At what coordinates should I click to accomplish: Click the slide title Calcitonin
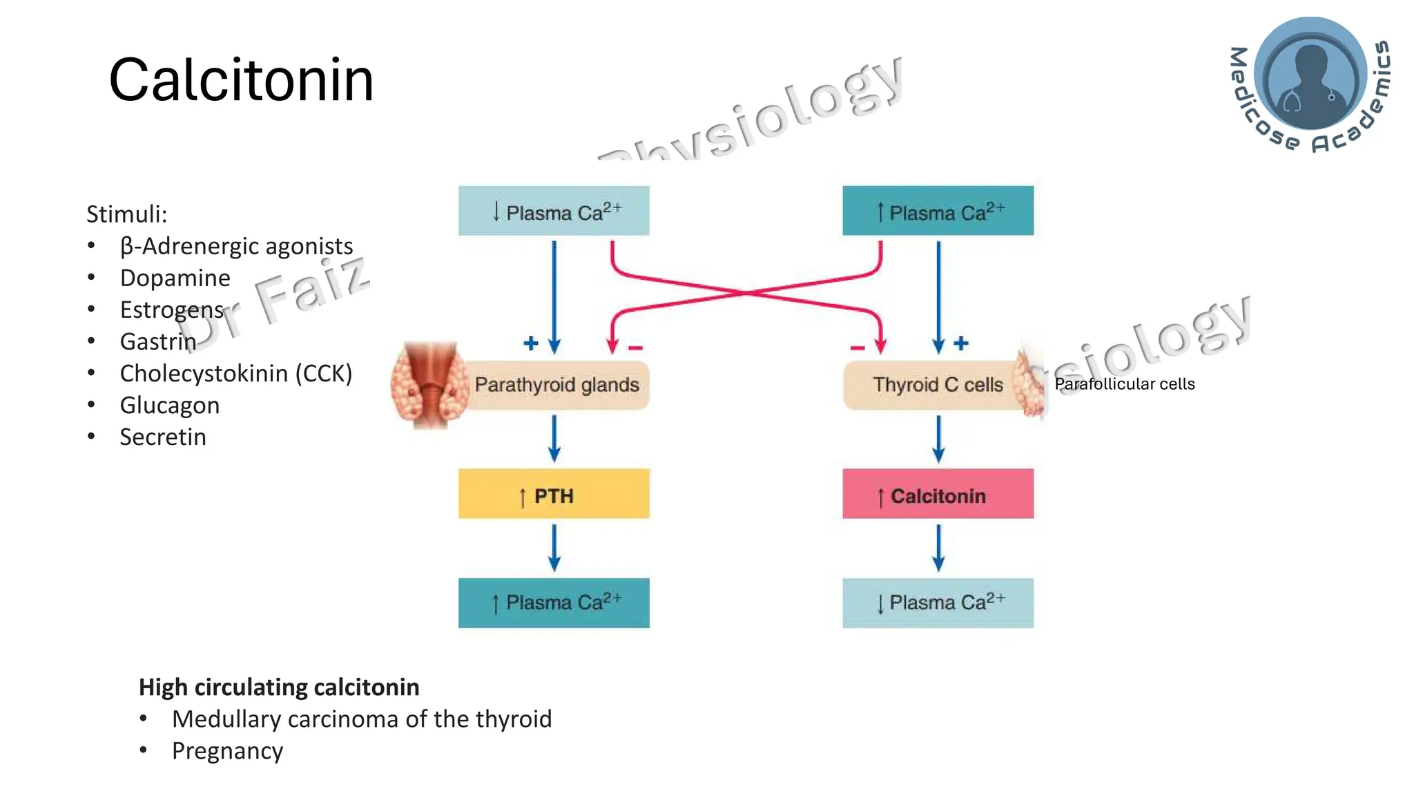click(x=241, y=80)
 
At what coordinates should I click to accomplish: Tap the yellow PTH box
click(x=554, y=494)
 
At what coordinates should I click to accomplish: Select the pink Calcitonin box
click(x=938, y=494)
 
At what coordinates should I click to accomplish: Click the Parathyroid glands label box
click(x=556, y=385)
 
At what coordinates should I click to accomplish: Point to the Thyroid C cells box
click(x=937, y=385)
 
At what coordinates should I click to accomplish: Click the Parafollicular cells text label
click(x=1124, y=384)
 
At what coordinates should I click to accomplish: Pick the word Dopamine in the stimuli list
click(x=175, y=278)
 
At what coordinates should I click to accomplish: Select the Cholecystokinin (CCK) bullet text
click(x=235, y=373)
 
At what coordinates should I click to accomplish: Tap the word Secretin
click(x=163, y=437)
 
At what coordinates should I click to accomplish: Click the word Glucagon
click(x=170, y=405)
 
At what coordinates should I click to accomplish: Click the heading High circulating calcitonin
click(x=279, y=687)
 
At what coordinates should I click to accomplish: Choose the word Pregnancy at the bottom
click(x=227, y=750)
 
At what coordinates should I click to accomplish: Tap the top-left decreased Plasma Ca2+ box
click(x=554, y=211)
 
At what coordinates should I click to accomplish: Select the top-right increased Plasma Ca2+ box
click(x=938, y=211)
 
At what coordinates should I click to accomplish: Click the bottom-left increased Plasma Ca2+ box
click(x=554, y=603)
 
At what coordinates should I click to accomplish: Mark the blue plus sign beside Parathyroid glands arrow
click(x=530, y=343)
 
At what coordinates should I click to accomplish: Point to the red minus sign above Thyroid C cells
click(x=857, y=348)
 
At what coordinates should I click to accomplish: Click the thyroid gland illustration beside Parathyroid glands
click(x=429, y=384)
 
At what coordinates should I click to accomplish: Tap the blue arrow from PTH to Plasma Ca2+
click(x=554, y=547)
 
